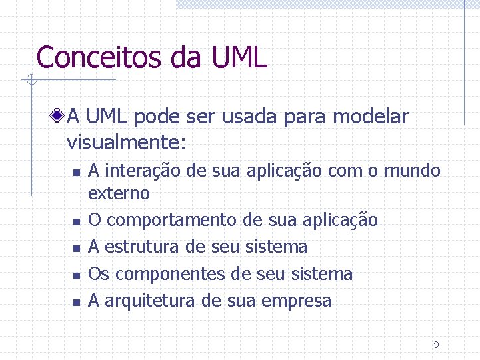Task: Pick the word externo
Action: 119,193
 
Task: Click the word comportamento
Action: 170,220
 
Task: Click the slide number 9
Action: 436,345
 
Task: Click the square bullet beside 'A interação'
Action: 77,172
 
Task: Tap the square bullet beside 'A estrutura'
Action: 77,248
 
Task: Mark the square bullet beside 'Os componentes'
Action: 77,275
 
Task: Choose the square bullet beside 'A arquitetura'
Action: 77,302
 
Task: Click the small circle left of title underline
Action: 30,81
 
